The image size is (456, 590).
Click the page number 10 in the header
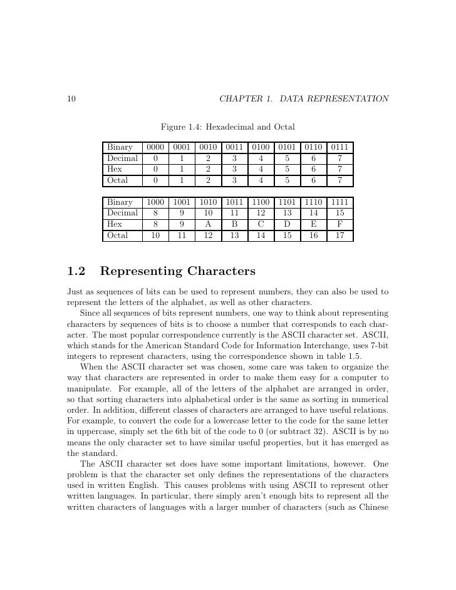pyautogui.click(x=71, y=99)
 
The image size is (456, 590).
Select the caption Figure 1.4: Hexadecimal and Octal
pyautogui.click(x=228, y=127)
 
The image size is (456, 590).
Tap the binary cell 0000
pyautogui.click(x=155, y=147)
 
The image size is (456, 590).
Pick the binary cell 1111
pyautogui.click(x=339, y=202)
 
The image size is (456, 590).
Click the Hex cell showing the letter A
pyautogui.click(x=208, y=225)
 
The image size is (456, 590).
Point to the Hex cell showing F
pyautogui.click(x=339, y=225)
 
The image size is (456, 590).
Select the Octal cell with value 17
pyautogui.click(x=339, y=236)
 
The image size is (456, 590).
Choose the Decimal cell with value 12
pyautogui.click(x=261, y=214)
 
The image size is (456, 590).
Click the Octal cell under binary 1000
pyautogui.click(x=155, y=236)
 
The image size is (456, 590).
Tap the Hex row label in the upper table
pyautogui.click(x=115, y=169)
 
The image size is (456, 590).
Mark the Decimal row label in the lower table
pyautogui.click(x=122, y=214)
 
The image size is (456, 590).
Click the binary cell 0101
pyautogui.click(x=287, y=147)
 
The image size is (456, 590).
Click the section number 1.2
pyautogui.click(x=76, y=272)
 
